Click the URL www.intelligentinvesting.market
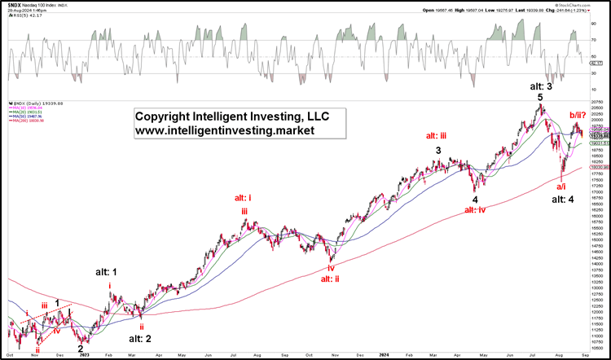(231, 130)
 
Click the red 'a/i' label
(561, 186)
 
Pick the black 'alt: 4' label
(562, 199)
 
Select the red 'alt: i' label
(244, 198)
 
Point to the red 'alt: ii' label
(330, 279)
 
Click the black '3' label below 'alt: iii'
(438, 151)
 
